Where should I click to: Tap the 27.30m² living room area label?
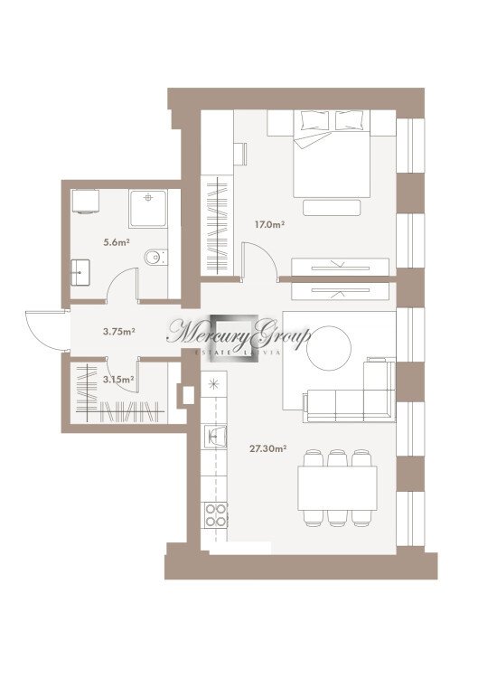click(x=268, y=448)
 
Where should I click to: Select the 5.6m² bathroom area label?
click(x=117, y=242)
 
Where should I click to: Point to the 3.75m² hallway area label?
click(x=119, y=332)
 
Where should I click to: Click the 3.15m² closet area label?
click(x=118, y=380)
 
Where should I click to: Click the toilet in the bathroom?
click(x=155, y=258)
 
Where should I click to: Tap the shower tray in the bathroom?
click(x=148, y=209)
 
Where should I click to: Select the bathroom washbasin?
click(x=80, y=272)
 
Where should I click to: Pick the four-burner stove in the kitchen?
click(x=216, y=515)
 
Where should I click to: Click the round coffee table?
click(x=329, y=348)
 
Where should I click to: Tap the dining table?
click(x=337, y=488)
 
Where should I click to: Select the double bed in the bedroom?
click(x=332, y=154)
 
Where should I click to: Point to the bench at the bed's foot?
click(x=332, y=208)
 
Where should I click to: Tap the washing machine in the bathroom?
click(x=85, y=202)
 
